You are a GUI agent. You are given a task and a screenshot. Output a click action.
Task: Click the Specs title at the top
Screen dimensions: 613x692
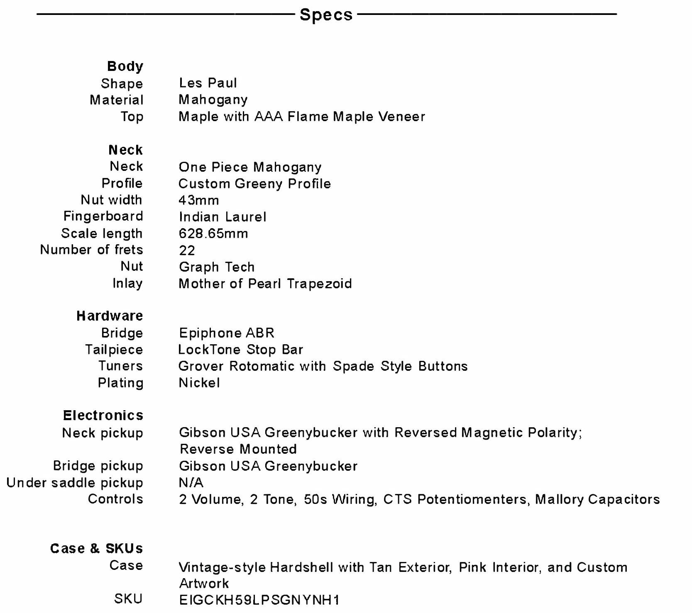[326, 15]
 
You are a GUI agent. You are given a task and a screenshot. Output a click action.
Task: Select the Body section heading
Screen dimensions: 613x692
[125, 66]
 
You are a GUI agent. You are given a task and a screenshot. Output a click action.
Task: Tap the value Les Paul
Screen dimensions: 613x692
[208, 83]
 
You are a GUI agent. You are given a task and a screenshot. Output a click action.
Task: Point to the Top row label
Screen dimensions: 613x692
[132, 117]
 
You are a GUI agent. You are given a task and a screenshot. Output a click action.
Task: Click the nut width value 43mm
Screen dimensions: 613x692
[198, 200]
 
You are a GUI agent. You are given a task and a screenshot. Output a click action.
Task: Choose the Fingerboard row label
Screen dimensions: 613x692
[103, 216]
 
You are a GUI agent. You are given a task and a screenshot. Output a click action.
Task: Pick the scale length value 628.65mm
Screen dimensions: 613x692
[213, 234]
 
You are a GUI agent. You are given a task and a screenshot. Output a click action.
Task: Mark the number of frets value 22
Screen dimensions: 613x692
[187, 251]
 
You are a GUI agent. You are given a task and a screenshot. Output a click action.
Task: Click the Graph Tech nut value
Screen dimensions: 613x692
[217, 267]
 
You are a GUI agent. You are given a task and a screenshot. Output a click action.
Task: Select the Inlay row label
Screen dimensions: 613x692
[127, 283]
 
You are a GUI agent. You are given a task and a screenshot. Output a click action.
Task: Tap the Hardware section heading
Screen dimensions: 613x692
[110, 316]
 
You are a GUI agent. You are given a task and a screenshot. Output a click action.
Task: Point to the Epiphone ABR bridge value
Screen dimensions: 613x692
[227, 333]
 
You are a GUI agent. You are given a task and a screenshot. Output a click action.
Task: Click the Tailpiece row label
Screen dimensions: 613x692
[114, 350]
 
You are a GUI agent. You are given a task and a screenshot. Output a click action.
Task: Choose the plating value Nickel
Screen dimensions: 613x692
[199, 383]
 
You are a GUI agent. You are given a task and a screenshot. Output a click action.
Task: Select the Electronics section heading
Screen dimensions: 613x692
[103, 415]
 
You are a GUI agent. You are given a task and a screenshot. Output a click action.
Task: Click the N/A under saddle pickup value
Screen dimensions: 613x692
[191, 483]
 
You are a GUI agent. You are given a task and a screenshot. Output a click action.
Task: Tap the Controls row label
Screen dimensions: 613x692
[115, 499]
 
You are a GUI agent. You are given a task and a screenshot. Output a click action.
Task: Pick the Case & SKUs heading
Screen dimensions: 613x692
[96, 548]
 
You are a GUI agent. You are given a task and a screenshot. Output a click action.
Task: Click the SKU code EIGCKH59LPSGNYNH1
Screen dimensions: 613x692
[259, 600]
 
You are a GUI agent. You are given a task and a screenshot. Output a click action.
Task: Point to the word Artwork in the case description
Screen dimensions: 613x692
[204, 584]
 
